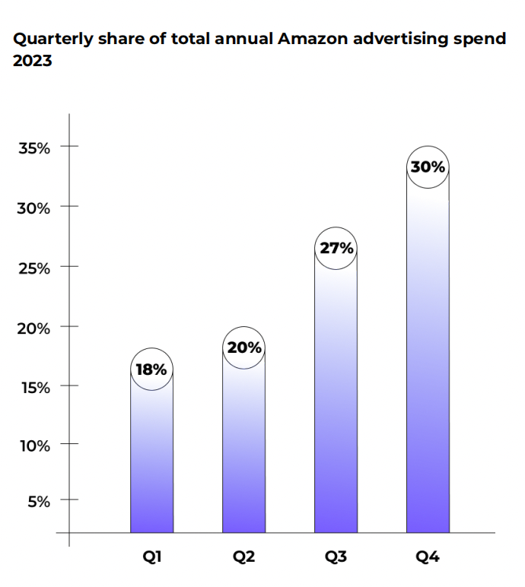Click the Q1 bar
pyautogui.click(x=151, y=464)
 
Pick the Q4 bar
pyautogui.click(x=428, y=365)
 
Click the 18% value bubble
pyautogui.click(x=151, y=370)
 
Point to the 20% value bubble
pyautogui.click(x=243, y=348)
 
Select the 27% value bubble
pyautogui.click(x=336, y=249)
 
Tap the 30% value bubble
pyautogui.click(x=428, y=167)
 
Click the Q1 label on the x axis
pyautogui.click(x=151, y=557)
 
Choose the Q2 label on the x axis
pyautogui.click(x=243, y=557)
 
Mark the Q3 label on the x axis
pyautogui.click(x=336, y=557)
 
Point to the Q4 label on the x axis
pyautogui.click(x=428, y=557)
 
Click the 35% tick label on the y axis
pyautogui.click(x=34, y=148)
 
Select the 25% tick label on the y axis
pyautogui.click(x=34, y=268)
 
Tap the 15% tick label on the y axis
pyautogui.click(x=34, y=388)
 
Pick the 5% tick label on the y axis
pyautogui.click(x=38, y=502)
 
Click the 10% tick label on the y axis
pyautogui.click(x=34, y=446)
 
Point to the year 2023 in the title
pyautogui.click(x=33, y=61)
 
